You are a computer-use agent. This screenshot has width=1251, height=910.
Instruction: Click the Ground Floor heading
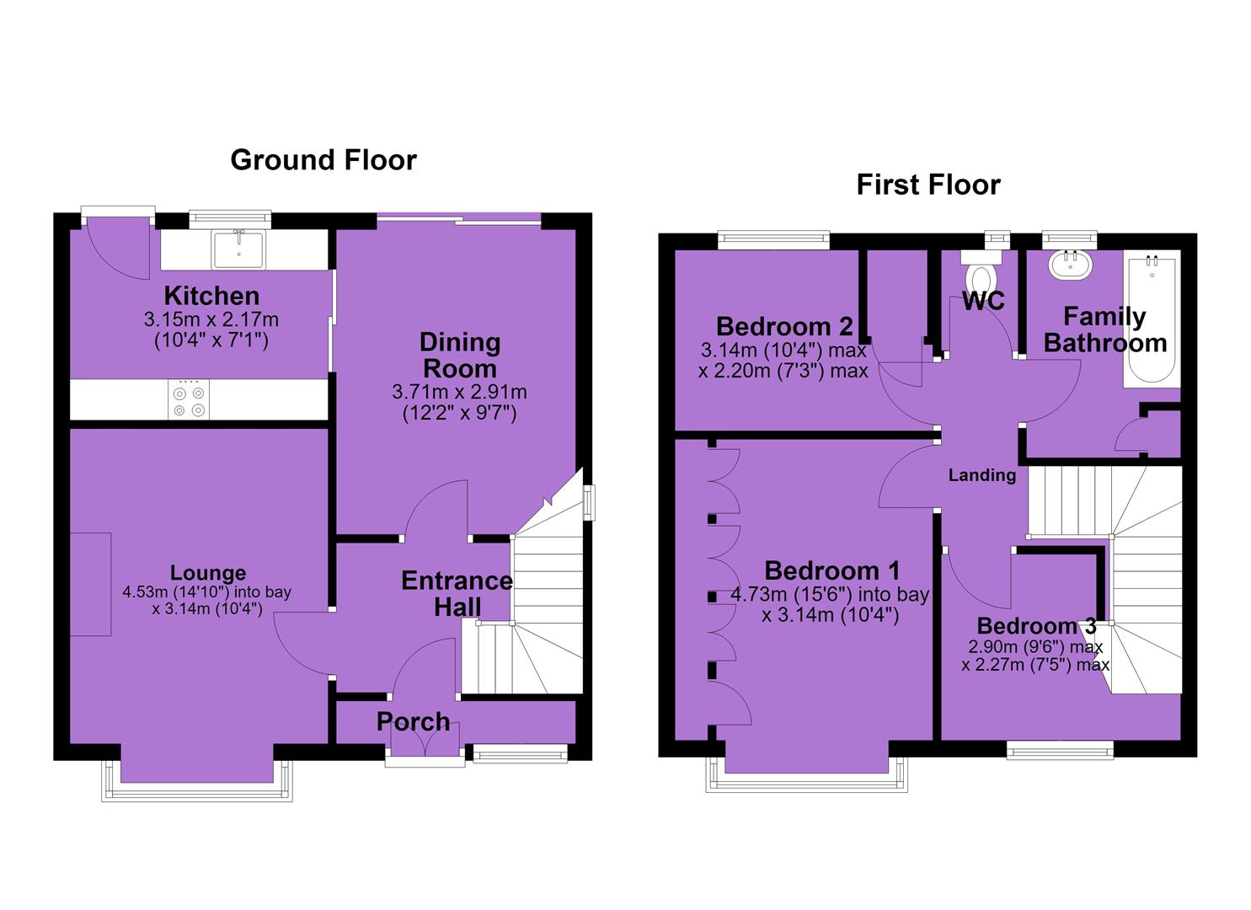coord(323,160)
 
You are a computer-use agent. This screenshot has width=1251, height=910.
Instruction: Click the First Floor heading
coord(928,185)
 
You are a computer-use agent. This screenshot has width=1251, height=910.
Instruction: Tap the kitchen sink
coord(238,250)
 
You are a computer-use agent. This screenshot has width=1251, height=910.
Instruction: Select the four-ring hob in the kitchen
coord(189,399)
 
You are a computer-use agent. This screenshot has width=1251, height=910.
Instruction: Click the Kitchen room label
coord(211,296)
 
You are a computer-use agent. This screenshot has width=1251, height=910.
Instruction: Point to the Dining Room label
coord(460,356)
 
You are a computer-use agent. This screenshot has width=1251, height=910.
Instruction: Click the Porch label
coord(414,721)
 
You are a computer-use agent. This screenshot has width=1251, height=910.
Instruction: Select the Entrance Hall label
coord(457,594)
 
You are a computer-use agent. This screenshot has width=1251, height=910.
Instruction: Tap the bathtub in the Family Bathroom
coord(1152,318)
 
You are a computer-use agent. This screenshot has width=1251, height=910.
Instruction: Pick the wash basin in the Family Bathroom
coord(1070,265)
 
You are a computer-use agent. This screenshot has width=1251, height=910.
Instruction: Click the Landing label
coord(981,475)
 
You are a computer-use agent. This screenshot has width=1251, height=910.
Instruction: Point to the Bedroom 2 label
coord(784,326)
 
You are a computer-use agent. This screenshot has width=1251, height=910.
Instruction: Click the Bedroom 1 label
coord(832,571)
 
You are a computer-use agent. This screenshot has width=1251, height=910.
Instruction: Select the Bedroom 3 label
coord(1036,626)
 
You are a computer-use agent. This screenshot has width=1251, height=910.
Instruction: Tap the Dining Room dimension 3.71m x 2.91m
coord(459,392)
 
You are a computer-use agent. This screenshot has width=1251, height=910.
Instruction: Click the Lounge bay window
coord(196,781)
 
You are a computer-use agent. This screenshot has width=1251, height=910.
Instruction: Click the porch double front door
coord(425,743)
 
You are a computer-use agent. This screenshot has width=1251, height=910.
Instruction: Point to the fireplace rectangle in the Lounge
coord(90,584)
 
